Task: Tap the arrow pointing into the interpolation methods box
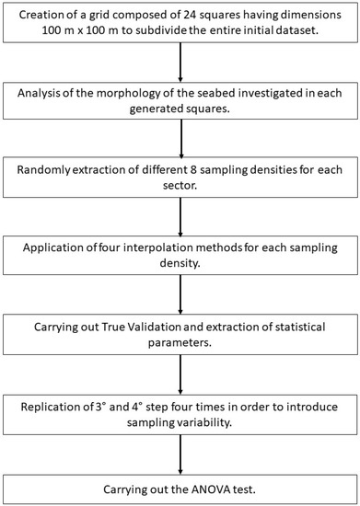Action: [180, 215]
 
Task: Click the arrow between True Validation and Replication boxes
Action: [180, 372]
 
